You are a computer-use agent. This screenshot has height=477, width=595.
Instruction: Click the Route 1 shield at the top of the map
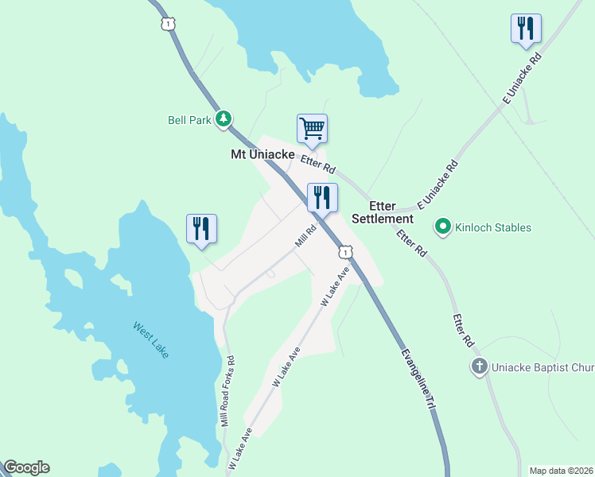click(x=167, y=24)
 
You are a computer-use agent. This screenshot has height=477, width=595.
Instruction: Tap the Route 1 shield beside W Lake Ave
click(x=344, y=252)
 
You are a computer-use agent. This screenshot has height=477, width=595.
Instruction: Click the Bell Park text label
click(x=189, y=120)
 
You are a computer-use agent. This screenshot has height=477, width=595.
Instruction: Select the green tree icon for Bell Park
click(x=224, y=119)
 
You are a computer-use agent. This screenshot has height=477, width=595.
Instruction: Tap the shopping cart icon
click(x=312, y=128)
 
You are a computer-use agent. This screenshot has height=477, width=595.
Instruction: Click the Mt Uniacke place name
click(x=257, y=154)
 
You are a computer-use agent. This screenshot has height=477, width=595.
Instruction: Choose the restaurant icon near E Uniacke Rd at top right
click(x=525, y=29)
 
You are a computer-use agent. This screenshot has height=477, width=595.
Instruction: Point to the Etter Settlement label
click(x=383, y=211)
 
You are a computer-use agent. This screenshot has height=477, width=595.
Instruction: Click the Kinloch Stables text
click(x=493, y=228)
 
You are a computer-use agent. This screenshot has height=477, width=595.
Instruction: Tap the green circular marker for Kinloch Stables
click(x=443, y=227)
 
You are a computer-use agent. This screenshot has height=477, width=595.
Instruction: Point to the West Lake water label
click(x=151, y=339)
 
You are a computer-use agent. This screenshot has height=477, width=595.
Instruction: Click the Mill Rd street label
click(x=306, y=236)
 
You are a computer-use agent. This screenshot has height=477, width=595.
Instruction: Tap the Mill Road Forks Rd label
click(x=229, y=390)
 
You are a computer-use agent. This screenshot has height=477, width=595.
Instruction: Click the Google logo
click(x=26, y=467)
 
